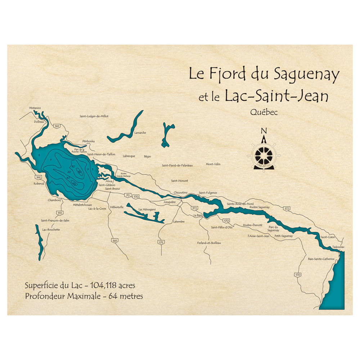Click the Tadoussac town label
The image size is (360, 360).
[338, 247]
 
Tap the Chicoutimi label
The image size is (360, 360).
[180, 193]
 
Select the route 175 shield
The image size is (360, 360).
[161, 242]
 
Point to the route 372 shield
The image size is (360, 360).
[194, 208]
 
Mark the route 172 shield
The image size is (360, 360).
[287, 208]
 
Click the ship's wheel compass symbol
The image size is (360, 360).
[264, 155]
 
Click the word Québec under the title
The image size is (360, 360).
[264, 112]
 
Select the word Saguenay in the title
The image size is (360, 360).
[306, 75]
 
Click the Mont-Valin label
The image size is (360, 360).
[213, 164]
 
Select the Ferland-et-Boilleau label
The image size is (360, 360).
[209, 243]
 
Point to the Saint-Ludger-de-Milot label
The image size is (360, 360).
[94, 116]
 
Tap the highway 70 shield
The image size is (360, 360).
[128, 195]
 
